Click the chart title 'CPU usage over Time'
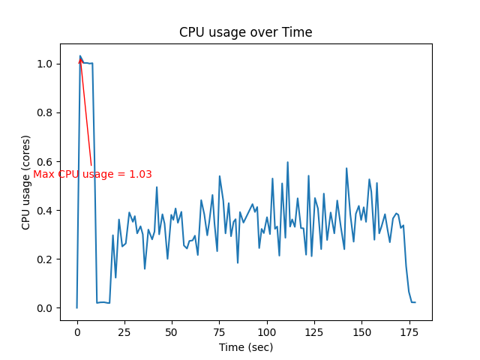click(x=245, y=32)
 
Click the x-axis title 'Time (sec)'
click(x=245, y=347)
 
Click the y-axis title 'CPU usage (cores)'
click(x=26, y=182)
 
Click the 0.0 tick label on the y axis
click(x=46, y=308)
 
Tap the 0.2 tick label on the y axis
click(x=46, y=259)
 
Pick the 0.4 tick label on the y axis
click(x=46, y=211)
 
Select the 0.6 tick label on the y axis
click(x=46, y=162)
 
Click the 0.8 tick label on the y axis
click(x=46, y=113)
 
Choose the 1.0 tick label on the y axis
click(x=46, y=64)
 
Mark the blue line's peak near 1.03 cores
click(x=80, y=55)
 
